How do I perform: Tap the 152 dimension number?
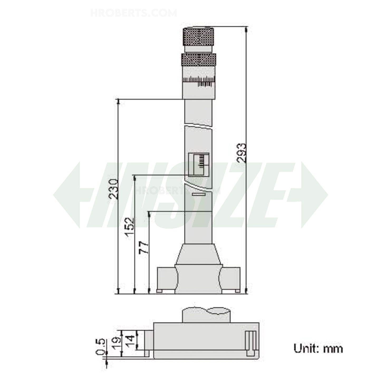point(130,227)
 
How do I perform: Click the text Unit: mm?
point(318,349)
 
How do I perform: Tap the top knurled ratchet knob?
point(197,37)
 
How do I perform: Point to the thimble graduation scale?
point(199,81)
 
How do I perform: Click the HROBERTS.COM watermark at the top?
point(133,13)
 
